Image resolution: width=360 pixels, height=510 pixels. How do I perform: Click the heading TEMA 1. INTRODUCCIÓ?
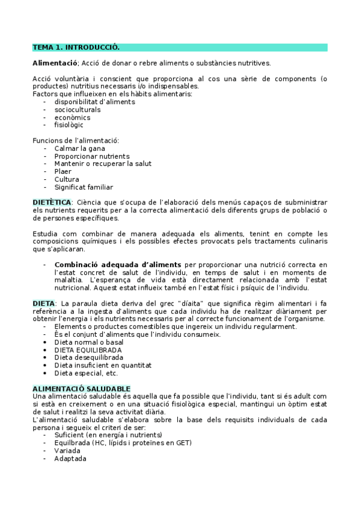point(76,47)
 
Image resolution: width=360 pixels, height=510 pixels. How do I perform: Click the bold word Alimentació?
point(55,63)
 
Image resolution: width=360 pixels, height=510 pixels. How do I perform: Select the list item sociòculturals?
point(78,109)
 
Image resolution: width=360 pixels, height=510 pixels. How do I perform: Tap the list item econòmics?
point(73,117)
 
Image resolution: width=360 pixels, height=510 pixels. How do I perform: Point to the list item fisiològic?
point(69,125)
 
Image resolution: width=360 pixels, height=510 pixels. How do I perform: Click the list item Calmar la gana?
point(77,148)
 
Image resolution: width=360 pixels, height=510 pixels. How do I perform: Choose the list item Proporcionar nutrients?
point(91,156)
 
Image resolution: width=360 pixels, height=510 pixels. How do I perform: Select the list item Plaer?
point(63,171)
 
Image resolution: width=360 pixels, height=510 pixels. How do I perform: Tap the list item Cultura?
point(67,179)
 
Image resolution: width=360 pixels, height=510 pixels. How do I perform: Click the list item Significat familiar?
point(84,187)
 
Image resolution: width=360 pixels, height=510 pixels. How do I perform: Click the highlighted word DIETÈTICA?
point(52,202)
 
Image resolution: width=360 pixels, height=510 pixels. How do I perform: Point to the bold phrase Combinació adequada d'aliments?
point(118,264)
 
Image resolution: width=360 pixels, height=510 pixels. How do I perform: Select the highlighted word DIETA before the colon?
point(44,303)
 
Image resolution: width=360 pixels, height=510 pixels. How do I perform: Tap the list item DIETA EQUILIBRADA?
point(88,349)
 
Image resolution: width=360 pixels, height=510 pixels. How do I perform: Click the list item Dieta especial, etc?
point(86,373)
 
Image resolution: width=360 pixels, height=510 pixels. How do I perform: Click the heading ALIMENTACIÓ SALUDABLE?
point(81,389)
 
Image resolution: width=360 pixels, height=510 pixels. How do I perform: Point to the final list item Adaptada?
point(70,458)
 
